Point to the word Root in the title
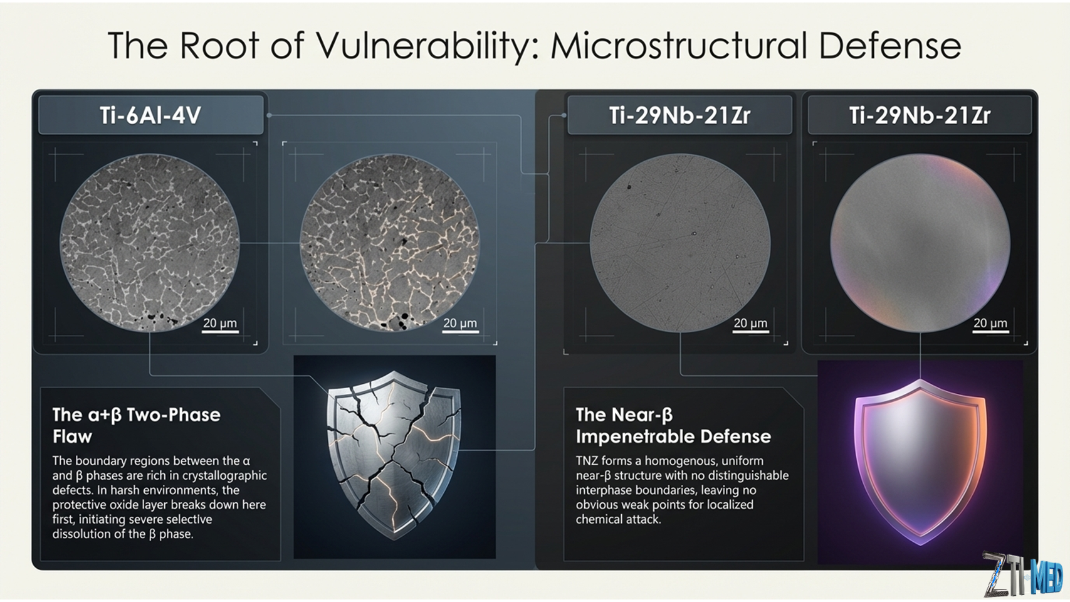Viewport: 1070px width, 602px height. click(219, 45)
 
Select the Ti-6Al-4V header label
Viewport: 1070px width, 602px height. click(150, 115)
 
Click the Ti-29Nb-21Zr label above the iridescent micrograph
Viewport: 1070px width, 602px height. click(920, 115)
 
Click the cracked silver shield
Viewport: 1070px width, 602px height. click(394, 454)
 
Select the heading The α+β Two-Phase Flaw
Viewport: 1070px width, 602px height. click(136, 425)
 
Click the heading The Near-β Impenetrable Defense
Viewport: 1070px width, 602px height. click(673, 425)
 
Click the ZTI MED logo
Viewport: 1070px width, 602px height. click(1022, 576)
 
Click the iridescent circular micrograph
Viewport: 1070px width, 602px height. click(920, 243)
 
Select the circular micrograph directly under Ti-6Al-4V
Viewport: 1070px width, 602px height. click(150, 243)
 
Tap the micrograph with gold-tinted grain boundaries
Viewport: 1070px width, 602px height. click(390, 243)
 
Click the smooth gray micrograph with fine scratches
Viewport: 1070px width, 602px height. click(680, 243)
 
